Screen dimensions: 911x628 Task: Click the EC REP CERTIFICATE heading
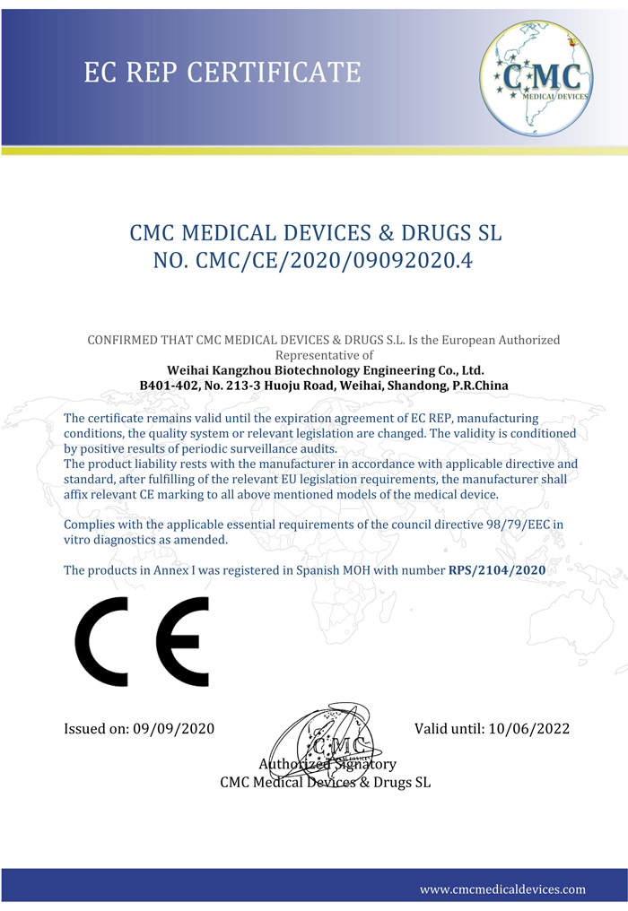click(222, 71)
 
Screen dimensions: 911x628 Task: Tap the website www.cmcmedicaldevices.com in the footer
click(502, 889)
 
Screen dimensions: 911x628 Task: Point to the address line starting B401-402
click(324, 386)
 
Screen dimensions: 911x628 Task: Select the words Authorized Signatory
click(327, 764)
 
